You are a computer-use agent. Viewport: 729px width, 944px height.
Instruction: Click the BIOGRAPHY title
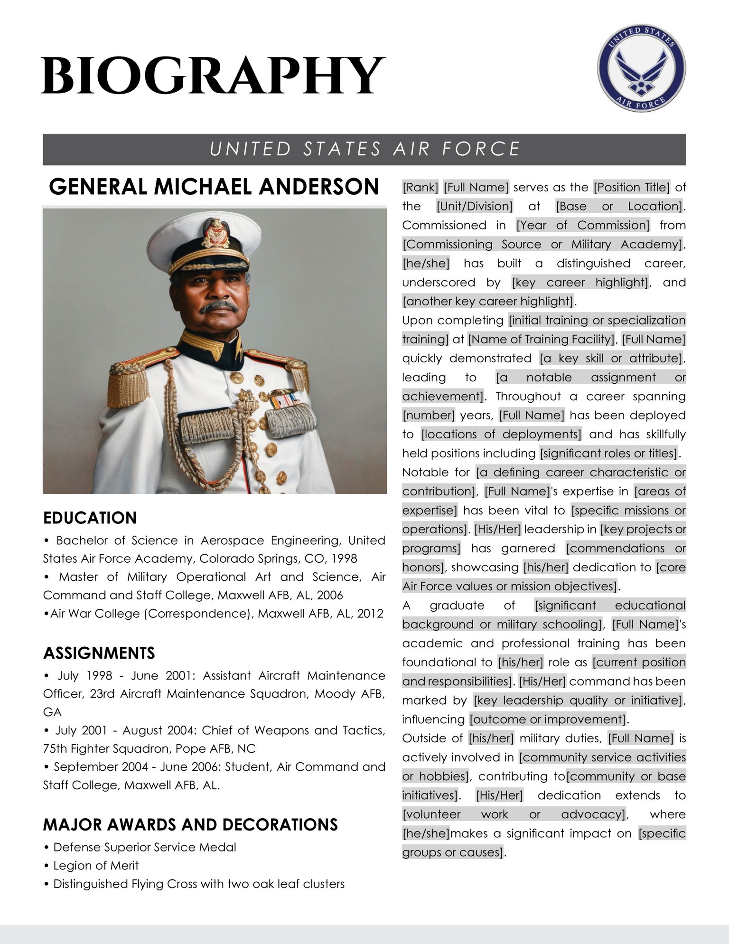coord(213,76)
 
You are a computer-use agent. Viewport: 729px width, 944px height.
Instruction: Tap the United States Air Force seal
coord(641,68)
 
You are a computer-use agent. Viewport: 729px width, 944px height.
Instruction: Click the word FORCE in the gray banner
coord(481,149)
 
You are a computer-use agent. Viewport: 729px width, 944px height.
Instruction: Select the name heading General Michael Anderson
coord(214,187)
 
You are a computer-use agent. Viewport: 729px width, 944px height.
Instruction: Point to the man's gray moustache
coord(219,306)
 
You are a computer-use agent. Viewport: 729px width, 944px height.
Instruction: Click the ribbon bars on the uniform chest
coord(283,400)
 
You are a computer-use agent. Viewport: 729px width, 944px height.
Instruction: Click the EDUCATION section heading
coord(90,518)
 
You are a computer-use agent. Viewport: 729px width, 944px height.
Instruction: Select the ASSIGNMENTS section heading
coord(99,653)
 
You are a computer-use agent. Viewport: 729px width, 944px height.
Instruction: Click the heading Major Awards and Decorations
coord(190,824)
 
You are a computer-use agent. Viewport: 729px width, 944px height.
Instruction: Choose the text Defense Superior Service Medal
coord(144,847)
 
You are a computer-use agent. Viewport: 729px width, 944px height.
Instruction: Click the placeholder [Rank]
coord(421,187)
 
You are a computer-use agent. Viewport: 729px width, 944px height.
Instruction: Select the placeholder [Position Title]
coord(631,187)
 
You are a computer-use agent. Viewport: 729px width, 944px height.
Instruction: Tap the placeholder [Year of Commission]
coord(583,225)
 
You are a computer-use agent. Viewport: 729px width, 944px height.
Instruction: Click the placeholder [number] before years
coord(428,415)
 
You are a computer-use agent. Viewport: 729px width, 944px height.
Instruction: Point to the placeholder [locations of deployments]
coord(501,434)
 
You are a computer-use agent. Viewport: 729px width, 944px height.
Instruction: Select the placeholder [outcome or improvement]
coord(548,719)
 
